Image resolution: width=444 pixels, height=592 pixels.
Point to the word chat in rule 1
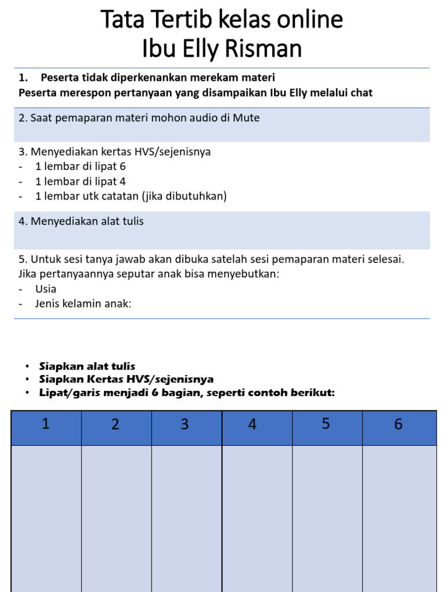(x=361, y=92)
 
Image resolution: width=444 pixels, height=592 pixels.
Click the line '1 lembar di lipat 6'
(x=80, y=166)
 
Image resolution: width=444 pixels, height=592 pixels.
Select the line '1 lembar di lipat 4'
(x=80, y=182)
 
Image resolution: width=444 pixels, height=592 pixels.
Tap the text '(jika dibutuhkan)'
(x=184, y=197)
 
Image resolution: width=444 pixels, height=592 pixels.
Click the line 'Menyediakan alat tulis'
(x=87, y=221)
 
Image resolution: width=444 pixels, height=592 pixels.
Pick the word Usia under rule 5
(x=46, y=288)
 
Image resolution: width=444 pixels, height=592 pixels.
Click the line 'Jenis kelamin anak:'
(x=83, y=304)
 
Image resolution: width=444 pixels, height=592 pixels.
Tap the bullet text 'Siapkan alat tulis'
(x=87, y=366)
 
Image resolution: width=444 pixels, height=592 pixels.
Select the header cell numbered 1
(x=46, y=425)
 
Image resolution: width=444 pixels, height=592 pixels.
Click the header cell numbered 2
(x=116, y=425)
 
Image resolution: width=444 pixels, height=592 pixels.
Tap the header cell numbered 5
(x=326, y=425)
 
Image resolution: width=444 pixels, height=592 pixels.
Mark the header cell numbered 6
(x=398, y=425)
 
